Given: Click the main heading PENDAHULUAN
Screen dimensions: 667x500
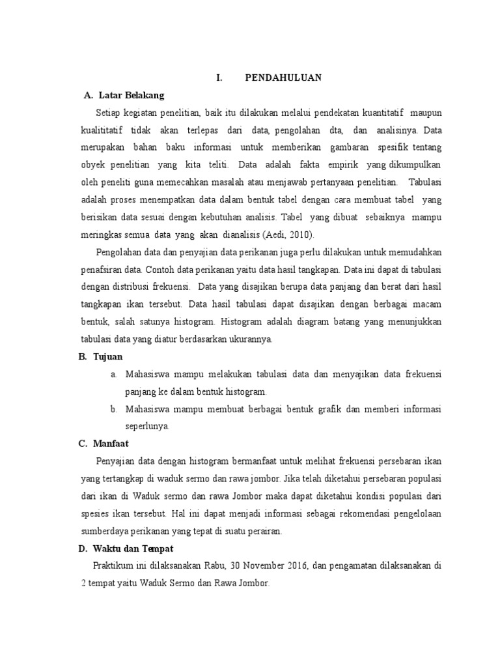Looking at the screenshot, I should (x=283, y=78).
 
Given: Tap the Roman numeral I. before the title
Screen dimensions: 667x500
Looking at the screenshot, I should (x=219, y=78).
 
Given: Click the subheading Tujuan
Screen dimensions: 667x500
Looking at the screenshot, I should (x=108, y=357).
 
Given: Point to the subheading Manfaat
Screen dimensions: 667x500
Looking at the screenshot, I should (x=111, y=444).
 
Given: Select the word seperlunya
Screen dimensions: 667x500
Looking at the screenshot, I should (x=147, y=427).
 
